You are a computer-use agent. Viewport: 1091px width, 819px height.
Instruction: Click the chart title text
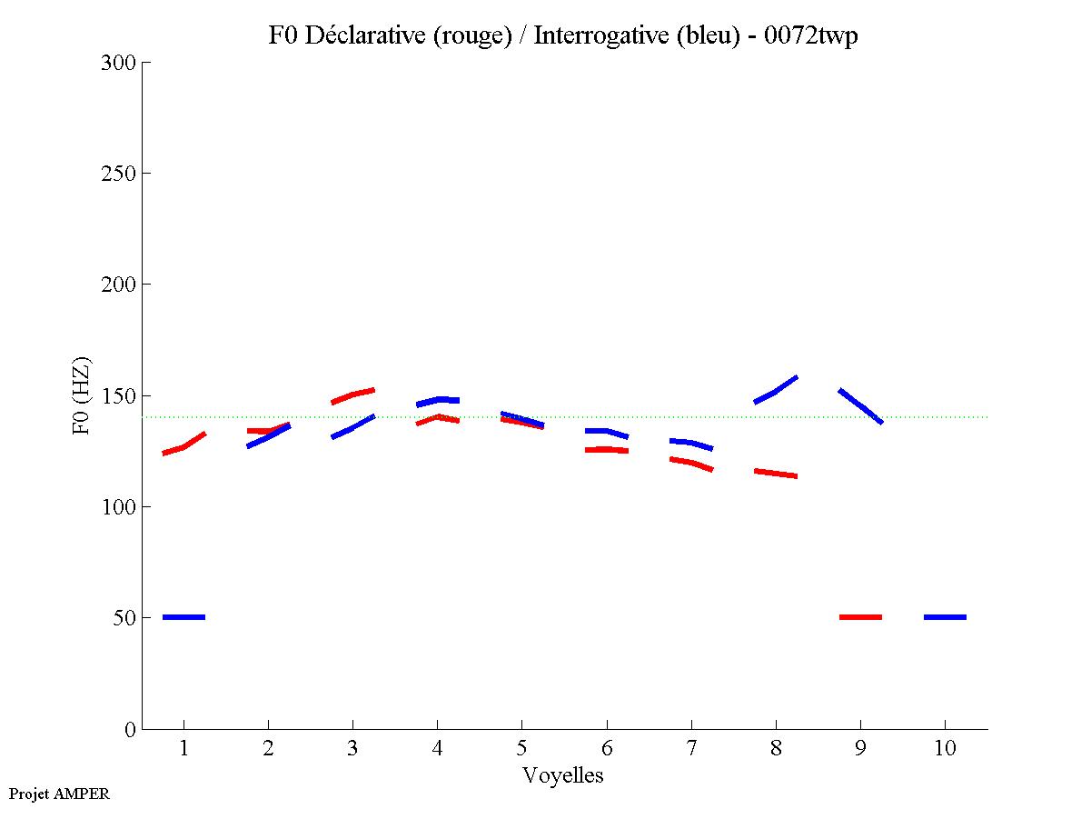pyautogui.click(x=563, y=35)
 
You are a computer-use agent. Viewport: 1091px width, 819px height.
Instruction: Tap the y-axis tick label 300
pyautogui.click(x=119, y=63)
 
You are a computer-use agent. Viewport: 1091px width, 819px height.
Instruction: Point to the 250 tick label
pyautogui.click(x=119, y=174)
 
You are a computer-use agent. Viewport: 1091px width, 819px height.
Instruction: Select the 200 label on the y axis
pyautogui.click(x=119, y=285)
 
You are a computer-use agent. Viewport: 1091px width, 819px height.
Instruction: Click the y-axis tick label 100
pyautogui.click(x=119, y=506)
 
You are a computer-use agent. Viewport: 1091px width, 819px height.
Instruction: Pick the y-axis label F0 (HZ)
pyautogui.click(x=82, y=395)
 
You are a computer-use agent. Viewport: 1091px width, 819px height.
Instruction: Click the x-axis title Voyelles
pyautogui.click(x=563, y=775)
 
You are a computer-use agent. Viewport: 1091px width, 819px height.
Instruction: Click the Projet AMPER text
pyautogui.click(x=59, y=794)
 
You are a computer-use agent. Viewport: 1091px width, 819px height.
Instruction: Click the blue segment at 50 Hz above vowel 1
pyautogui.click(x=183, y=617)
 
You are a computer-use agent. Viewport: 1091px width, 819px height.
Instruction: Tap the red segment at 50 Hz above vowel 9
pyautogui.click(x=860, y=617)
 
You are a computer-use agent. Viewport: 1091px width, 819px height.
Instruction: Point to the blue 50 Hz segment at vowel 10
pyautogui.click(x=945, y=617)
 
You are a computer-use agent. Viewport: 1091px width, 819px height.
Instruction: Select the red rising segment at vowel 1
pyautogui.click(x=184, y=445)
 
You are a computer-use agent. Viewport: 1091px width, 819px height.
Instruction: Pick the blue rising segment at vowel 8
pyautogui.click(x=776, y=390)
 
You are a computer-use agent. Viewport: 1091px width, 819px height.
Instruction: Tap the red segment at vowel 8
pyautogui.click(x=776, y=473)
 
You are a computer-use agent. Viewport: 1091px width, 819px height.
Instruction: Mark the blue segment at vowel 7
pyautogui.click(x=691, y=444)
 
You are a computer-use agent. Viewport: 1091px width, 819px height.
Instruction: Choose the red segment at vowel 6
pyautogui.click(x=606, y=449)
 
